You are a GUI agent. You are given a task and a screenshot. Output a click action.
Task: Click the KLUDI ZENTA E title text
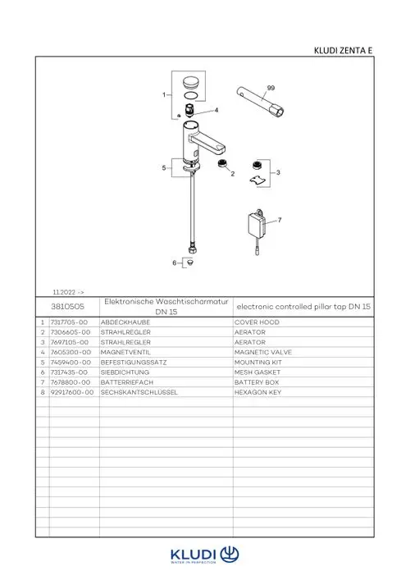click(x=343, y=50)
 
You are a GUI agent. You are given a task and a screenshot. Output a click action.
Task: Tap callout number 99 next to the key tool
click(x=271, y=88)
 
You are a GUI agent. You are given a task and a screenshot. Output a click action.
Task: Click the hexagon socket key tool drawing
click(x=260, y=102)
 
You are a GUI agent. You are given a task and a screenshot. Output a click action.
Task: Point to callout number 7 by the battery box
click(x=280, y=220)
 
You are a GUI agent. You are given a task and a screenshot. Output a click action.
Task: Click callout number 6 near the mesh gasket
click(x=175, y=263)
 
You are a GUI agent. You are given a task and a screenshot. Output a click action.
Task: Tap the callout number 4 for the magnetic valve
click(x=216, y=110)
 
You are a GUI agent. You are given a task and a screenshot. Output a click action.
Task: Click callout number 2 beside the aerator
click(x=233, y=173)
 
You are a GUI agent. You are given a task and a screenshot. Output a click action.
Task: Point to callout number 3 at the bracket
click(x=278, y=172)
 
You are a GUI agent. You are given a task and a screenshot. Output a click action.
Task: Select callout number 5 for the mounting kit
click(x=164, y=168)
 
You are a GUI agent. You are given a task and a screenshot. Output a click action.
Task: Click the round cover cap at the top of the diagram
click(x=191, y=82)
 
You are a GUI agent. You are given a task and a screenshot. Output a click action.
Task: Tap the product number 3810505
click(x=68, y=306)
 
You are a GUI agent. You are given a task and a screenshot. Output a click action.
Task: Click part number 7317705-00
click(x=69, y=322)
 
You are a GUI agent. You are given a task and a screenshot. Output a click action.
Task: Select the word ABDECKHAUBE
click(x=125, y=322)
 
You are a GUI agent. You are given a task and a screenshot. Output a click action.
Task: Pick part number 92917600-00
click(x=72, y=392)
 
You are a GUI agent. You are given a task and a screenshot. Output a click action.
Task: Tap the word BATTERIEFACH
click(x=127, y=382)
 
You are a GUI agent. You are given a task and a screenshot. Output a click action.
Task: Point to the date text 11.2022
click(x=64, y=292)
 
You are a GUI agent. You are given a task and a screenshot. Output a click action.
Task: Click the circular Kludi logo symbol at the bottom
click(x=230, y=555)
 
